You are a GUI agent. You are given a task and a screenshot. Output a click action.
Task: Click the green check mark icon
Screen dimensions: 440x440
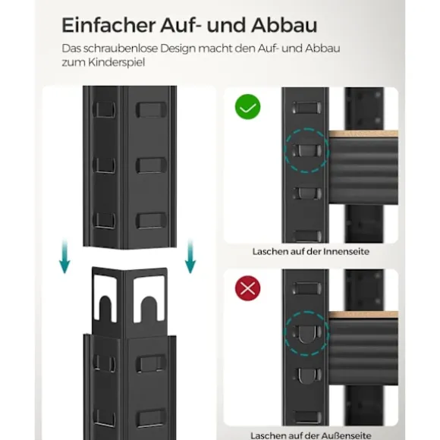point(247,107)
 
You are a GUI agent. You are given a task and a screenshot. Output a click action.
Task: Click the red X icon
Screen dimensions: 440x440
point(247,288)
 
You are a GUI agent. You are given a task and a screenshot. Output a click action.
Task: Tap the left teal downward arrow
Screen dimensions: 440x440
point(64,256)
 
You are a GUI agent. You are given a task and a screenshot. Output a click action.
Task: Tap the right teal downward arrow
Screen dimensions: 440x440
point(190,256)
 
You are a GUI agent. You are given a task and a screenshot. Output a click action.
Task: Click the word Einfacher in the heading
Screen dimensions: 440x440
point(108,25)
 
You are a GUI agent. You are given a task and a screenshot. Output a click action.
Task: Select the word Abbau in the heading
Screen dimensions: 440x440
point(284,25)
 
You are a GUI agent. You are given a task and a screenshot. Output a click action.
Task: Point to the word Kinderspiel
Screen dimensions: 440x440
point(117,62)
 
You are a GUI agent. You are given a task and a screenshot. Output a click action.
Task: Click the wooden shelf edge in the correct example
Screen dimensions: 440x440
point(363,134)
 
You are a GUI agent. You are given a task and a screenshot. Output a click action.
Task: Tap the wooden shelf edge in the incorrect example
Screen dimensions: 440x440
point(363,315)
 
